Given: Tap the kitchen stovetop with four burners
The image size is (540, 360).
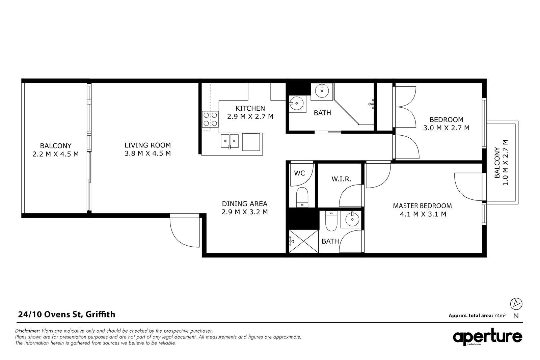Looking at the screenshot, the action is coord(210,119).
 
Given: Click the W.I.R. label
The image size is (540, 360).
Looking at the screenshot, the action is coord(341,179).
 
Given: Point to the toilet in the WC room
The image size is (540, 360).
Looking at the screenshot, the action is coord(302,197).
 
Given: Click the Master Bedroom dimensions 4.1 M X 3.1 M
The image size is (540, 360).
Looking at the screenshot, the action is coord(423,214).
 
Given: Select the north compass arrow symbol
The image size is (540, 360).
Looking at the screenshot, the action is coord(516,304).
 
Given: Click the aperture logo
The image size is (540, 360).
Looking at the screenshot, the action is coord(487,337).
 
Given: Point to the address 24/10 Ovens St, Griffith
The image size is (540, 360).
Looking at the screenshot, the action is coord(66,314).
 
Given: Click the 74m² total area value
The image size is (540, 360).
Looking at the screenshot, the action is coord(499,315).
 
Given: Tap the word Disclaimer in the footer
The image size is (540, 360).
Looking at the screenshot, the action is coord(27,331).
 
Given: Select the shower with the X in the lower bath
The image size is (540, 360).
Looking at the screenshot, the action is coord(303,241).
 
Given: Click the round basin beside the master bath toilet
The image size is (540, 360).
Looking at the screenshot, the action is coord(352,220).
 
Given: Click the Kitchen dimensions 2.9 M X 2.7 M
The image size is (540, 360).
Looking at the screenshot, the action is coord(250,116).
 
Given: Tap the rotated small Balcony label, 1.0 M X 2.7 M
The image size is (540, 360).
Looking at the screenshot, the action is coord(501,163).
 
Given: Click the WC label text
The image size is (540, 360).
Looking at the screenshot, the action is coord(300,173).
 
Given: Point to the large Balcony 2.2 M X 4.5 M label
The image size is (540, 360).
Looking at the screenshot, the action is coord(55,150).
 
